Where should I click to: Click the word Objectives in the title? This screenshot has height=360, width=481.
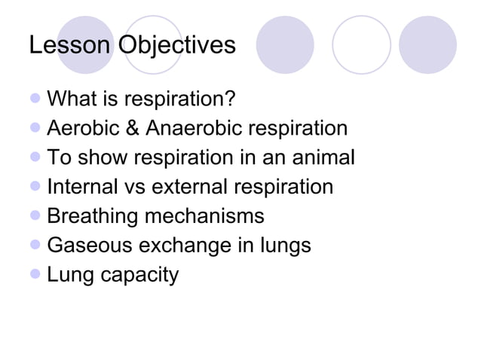click(176, 47)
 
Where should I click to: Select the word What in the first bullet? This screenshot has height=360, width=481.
click(72, 99)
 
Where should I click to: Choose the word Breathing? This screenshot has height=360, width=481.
click(94, 217)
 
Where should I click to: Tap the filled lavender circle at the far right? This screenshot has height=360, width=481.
click(427, 45)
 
